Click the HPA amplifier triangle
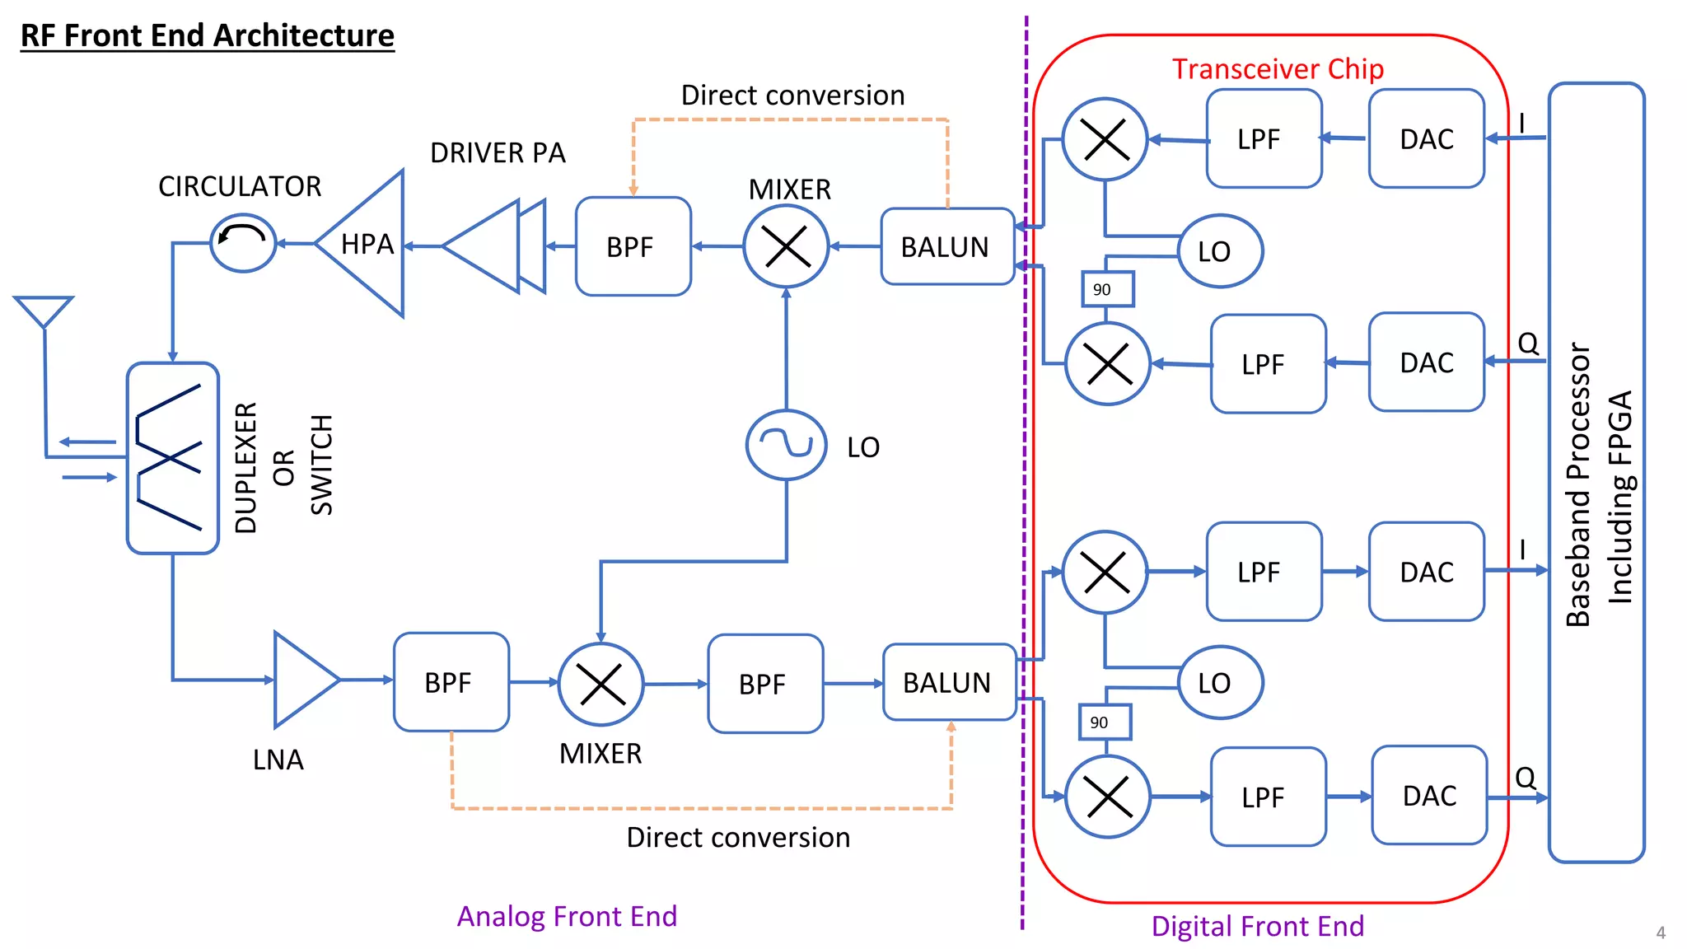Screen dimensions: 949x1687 point(367,244)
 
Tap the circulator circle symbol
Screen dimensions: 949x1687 point(243,242)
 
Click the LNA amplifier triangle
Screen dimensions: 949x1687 point(301,680)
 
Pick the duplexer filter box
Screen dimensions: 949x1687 point(172,458)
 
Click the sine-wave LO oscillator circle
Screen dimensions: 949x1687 point(786,445)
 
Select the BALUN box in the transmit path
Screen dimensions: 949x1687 point(946,246)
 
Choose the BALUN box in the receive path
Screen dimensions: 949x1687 point(948,682)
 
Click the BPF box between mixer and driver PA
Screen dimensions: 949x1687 point(633,246)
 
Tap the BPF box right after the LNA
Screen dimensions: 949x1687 point(451,682)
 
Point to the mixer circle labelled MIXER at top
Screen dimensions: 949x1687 point(786,246)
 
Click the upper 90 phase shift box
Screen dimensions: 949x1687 point(1106,289)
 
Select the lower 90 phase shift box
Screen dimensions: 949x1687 point(1104,722)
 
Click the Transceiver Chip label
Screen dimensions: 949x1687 point(1278,69)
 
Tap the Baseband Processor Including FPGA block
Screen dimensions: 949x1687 point(1596,472)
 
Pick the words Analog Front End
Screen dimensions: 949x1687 point(567,916)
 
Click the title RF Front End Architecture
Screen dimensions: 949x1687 point(208,35)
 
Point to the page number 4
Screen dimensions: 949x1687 point(1661,933)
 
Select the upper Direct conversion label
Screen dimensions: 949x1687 point(792,96)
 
